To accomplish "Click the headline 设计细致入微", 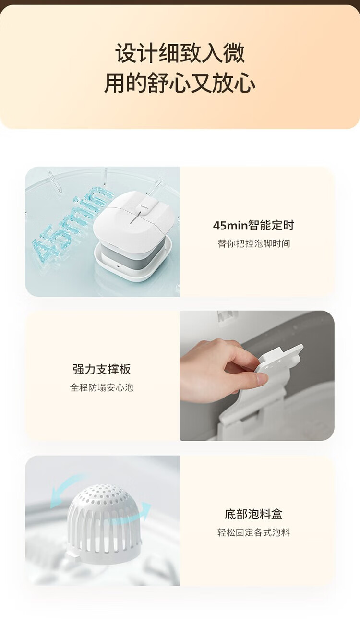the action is pyautogui.click(x=180, y=53).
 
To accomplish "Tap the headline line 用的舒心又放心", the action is pyautogui.click(x=180, y=83).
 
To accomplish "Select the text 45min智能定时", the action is pyautogui.click(x=253, y=225).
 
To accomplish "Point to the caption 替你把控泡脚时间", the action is pyautogui.click(x=254, y=243).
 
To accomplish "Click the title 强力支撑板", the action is pyautogui.click(x=102, y=369).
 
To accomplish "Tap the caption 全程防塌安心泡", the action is pyautogui.click(x=102, y=388).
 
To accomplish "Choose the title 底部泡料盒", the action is pyautogui.click(x=253, y=514).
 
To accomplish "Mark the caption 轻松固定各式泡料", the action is pyautogui.click(x=253, y=532).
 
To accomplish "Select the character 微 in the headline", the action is pyautogui.click(x=234, y=53).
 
